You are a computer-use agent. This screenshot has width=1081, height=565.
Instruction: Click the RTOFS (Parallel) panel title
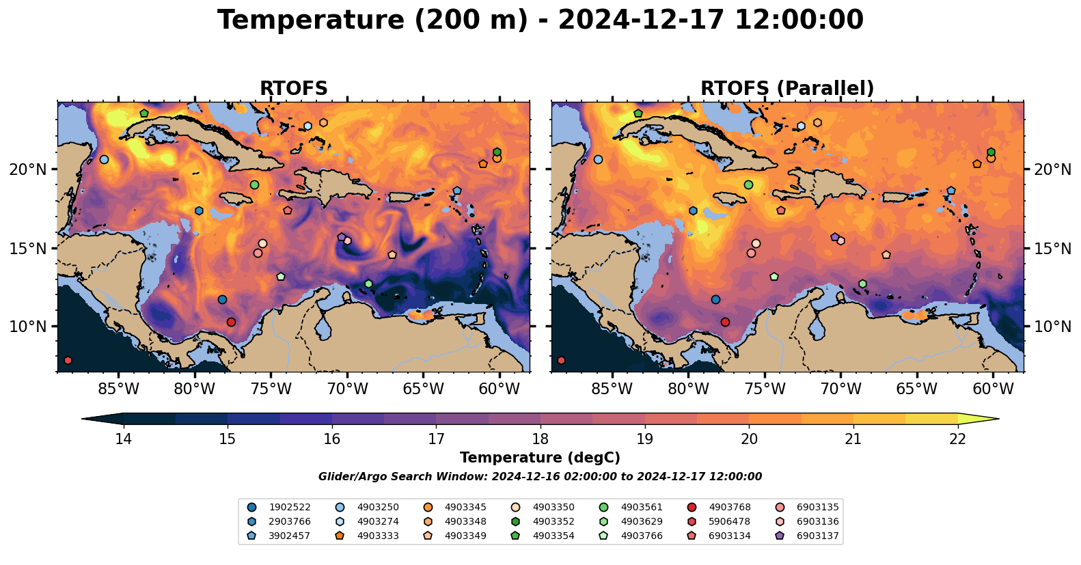787,88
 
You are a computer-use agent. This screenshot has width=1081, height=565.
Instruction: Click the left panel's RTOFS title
293,88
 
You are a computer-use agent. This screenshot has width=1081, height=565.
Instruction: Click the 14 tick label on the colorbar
123,439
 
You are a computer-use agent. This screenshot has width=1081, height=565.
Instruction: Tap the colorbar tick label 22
957,439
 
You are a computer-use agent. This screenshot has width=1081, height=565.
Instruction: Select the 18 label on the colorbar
540,439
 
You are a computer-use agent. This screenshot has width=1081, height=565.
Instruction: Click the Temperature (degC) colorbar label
540,458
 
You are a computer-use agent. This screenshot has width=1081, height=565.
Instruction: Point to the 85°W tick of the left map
119,389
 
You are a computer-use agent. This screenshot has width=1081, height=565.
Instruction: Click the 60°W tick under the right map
993,389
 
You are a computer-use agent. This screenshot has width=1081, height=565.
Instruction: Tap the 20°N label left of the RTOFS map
28,169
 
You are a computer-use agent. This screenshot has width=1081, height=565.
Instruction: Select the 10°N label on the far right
1052,327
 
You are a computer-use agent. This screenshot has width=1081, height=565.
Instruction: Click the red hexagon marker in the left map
68,360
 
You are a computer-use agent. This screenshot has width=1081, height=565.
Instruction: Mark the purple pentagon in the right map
834,237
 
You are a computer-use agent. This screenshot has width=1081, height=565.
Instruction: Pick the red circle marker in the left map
231,322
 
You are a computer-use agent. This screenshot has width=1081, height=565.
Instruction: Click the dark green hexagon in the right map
991,152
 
